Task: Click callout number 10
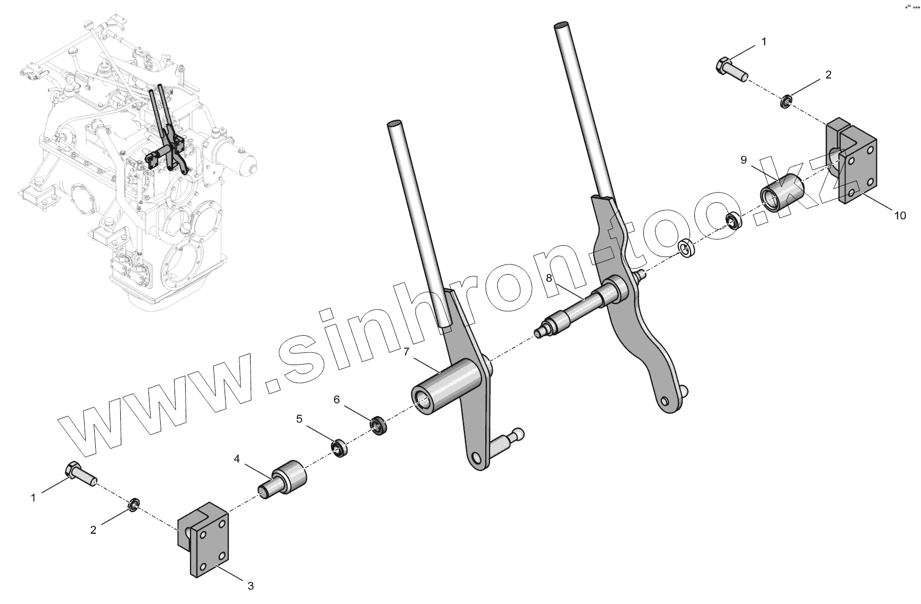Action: (x=899, y=215)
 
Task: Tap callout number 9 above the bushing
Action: (x=744, y=160)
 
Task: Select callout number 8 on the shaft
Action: (x=549, y=277)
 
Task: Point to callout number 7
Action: (x=406, y=351)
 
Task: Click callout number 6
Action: (x=337, y=399)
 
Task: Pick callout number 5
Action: (x=300, y=419)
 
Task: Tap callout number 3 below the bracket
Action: (x=251, y=586)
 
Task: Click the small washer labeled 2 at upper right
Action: (x=785, y=101)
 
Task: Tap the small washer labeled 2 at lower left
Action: (x=135, y=503)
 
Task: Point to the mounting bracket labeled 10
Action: (x=851, y=165)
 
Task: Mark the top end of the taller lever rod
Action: (x=562, y=27)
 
